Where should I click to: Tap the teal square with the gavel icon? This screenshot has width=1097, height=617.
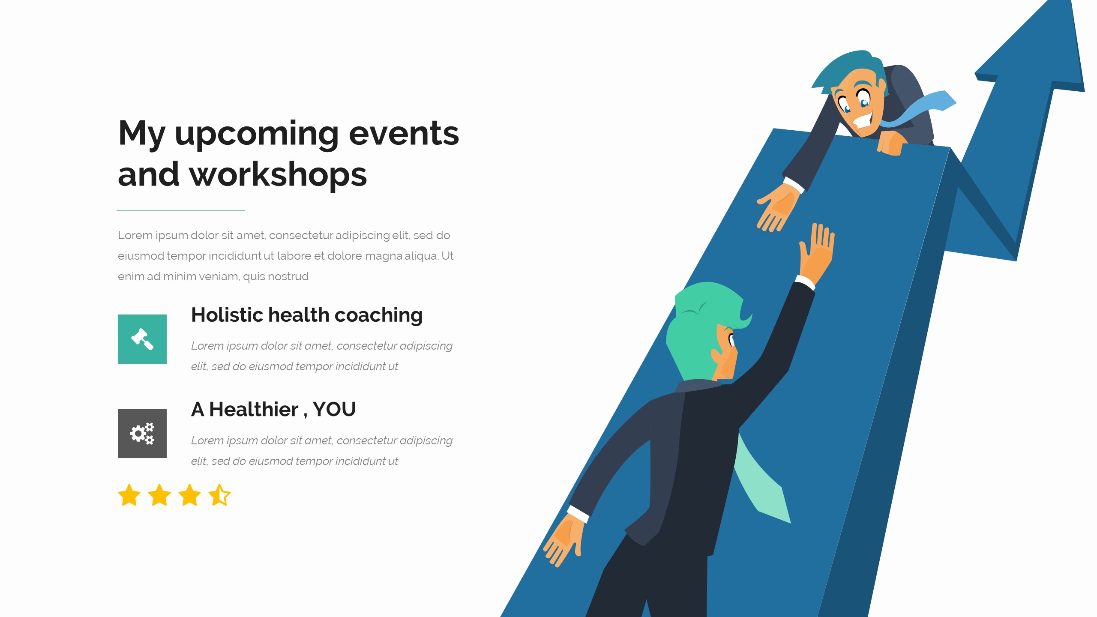(x=142, y=339)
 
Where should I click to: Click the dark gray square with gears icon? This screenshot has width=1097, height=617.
(x=142, y=433)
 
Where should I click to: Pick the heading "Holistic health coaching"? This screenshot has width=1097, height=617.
(x=307, y=315)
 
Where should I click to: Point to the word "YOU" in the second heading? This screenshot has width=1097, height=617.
(x=334, y=409)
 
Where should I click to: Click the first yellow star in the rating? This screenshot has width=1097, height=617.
(x=129, y=495)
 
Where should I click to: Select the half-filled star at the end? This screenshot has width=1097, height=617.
(x=219, y=495)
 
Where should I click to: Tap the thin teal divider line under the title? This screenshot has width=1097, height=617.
(x=181, y=210)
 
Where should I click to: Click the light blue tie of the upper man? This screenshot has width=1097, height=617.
(x=921, y=109)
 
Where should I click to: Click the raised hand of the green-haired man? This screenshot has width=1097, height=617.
(x=817, y=253)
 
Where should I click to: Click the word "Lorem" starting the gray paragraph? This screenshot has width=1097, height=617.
(x=135, y=235)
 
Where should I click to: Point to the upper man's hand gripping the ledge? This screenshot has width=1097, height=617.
(x=891, y=143)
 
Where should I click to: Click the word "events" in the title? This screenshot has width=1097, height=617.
(x=404, y=133)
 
